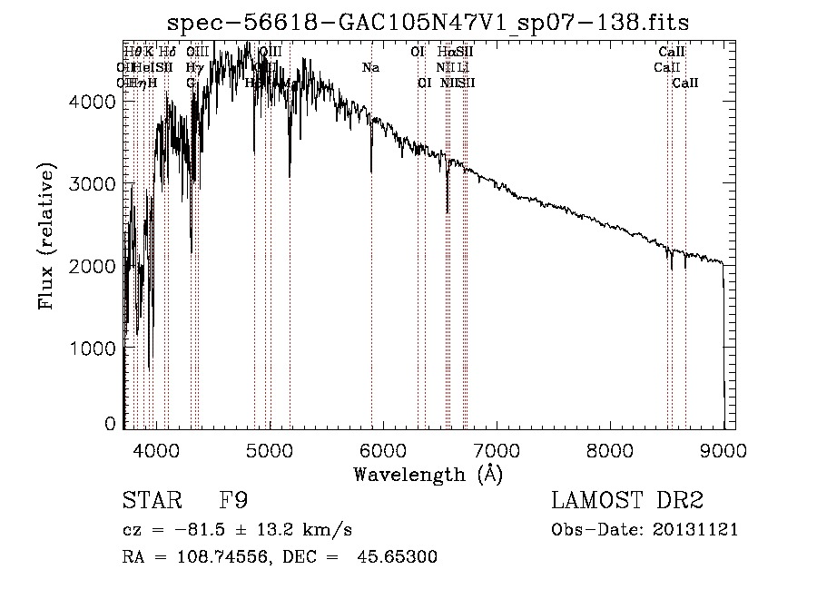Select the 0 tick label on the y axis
coord(110,424)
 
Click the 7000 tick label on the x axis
coord(496,450)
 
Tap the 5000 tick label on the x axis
coord(269,450)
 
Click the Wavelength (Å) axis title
coord(428,474)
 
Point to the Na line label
coord(370,68)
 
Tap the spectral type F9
coord(234,501)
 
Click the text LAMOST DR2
coord(627,501)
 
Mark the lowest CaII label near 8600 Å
coord(685,83)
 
